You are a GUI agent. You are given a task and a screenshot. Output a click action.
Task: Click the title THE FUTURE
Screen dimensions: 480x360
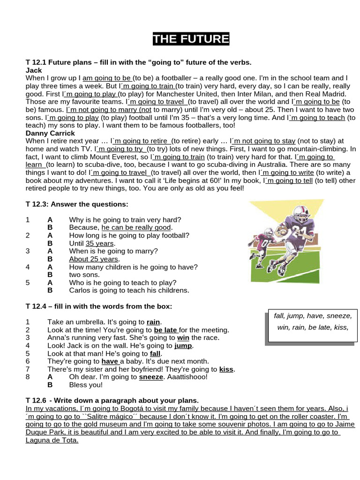coord(191,39)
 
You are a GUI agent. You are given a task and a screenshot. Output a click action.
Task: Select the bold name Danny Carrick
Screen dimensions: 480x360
coord(50,133)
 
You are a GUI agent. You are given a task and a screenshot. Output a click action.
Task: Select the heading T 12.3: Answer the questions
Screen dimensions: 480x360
coord(76,204)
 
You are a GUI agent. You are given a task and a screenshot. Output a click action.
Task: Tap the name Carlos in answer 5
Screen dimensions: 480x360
coord(80,290)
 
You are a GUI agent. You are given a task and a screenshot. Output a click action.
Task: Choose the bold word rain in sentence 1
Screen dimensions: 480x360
coord(153,322)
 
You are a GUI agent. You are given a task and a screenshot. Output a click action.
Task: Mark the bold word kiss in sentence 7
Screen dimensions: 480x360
coord(227,369)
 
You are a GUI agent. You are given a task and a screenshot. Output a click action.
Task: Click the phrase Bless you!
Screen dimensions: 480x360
coord(85,385)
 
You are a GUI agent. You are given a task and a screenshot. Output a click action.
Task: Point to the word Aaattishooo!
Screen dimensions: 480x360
coord(186,377)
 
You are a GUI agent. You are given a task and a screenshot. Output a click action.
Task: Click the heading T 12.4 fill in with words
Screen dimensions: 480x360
coord(98,306)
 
